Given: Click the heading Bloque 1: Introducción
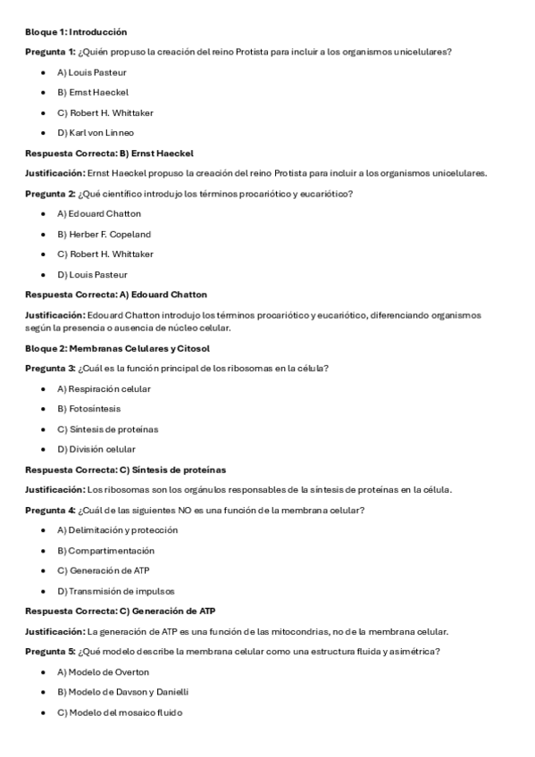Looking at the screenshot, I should pos(75,31).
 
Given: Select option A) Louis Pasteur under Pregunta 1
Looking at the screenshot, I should pos(92,72).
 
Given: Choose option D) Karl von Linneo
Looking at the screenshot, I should pos(96,133).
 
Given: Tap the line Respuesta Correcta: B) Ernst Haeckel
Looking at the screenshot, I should pos(109,153).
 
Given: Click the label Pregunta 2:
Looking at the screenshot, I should pos(50,194).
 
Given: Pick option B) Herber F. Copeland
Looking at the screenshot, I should pos(104,234).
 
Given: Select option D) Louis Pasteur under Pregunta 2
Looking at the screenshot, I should pos(92,274).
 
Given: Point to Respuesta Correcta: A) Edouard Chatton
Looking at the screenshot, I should pos(116,295).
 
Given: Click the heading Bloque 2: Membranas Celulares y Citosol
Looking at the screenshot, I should pos(117,348).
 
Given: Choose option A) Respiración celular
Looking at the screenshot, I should pos(104,388).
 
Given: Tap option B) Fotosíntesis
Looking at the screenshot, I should pos(88,409).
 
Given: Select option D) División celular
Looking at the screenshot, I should pos(96,449).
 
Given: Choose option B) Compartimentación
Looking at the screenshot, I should pos(105,551).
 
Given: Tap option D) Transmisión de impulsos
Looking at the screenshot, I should pos(116,591).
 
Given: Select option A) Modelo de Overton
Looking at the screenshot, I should pos(104,672).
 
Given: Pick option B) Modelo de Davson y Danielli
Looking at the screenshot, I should pos(123,692).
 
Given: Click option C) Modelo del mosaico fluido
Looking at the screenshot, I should pos(120,712).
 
